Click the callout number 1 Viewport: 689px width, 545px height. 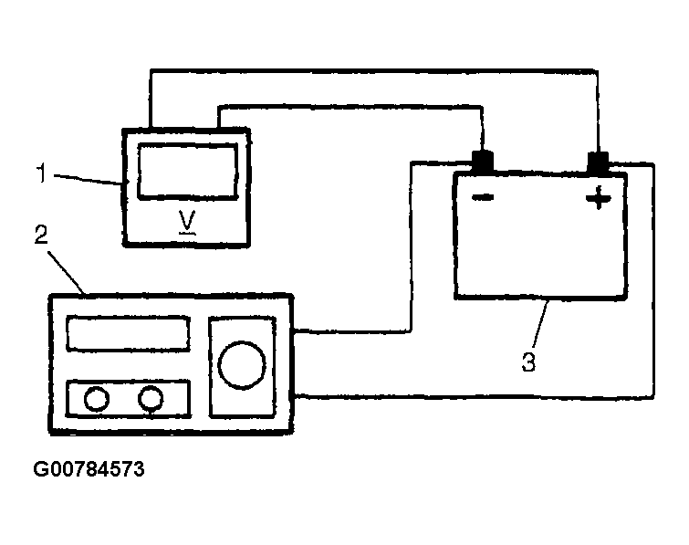coord(41,173)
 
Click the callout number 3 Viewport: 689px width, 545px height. coord(528,362)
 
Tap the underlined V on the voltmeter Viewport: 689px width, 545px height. coord(187,222)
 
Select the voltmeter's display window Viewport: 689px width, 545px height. coord(188,171)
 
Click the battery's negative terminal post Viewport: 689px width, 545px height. coord(482,162)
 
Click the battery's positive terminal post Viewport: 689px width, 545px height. coord(598,162)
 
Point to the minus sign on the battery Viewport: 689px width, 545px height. coord(483,197)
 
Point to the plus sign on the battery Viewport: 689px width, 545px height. coord(598,198)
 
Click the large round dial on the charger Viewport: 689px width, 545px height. coord(242,364)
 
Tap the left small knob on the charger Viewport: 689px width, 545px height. coord(97,399)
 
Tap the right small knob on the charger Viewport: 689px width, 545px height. coord(151,399)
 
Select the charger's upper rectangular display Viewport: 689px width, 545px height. coord(129,333)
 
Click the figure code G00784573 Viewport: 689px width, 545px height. coord(89,469)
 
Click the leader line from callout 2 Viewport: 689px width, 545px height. coord(67,272)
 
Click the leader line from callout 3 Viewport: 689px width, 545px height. coord(541,324)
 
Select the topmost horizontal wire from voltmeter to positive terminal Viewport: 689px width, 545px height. coord(373,70)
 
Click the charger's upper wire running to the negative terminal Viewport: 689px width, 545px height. coord(411,247)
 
